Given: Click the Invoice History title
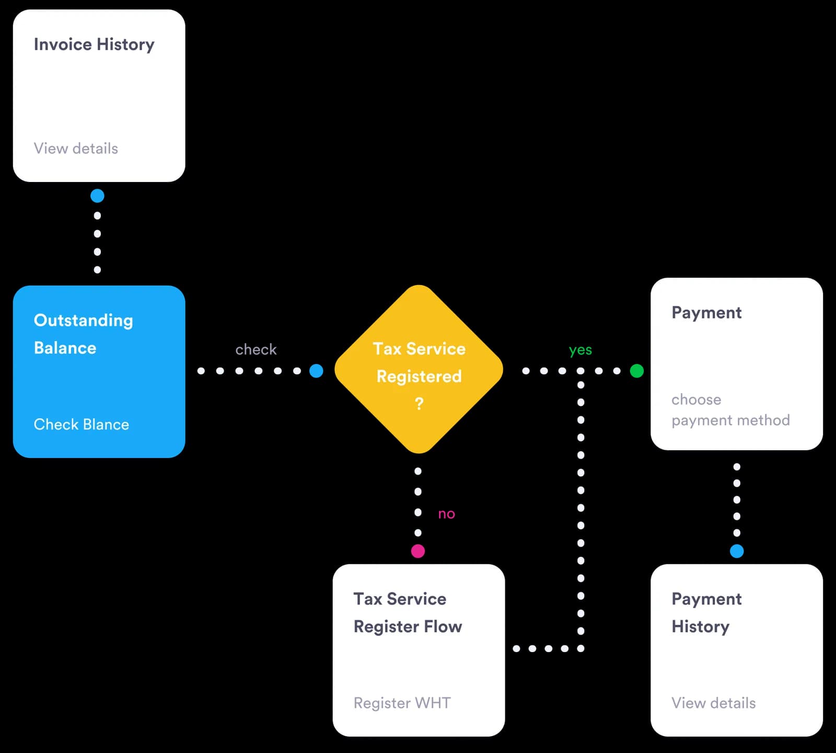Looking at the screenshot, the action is point(94,45).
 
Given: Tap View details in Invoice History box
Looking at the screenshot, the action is point(76,149).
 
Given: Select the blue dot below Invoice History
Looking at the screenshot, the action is point(97,196).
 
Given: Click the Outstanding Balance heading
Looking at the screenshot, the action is point(84,334).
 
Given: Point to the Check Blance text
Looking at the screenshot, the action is point(82,424).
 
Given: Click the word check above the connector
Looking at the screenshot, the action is point(256,349).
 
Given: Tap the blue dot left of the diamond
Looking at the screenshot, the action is point(316,371).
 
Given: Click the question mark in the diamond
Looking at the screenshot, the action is point(419,403).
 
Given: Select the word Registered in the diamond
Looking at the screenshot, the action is point(419,376).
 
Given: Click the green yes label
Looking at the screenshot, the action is point(580,350).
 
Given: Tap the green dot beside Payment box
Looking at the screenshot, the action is point(637,371).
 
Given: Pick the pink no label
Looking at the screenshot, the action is point(447,514).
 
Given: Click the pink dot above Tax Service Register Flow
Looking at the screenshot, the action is point(418,551).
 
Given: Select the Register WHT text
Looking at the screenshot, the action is point(402,703).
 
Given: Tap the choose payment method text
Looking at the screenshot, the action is point(730,410).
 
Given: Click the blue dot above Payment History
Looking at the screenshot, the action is point(737,551).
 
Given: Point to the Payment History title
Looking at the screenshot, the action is point(706,613).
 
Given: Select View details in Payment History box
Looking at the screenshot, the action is point(714,703).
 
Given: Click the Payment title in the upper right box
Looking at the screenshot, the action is point(706,313).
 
